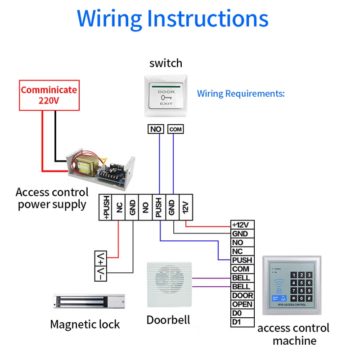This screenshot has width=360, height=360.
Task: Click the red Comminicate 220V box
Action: coord(49,95)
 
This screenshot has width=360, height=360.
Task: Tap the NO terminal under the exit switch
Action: coord(156,129)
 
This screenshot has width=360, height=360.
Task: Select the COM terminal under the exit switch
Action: coord(175,129)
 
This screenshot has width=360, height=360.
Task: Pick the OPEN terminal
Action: coord(242,304)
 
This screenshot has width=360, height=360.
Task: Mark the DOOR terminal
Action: coord(242,296)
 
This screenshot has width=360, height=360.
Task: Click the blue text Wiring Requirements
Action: coord(241,94)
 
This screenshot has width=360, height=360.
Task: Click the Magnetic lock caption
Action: coord(85,324)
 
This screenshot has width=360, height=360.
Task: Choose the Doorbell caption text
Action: coord(168,320)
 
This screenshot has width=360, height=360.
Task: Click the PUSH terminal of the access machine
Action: coord(242,260)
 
